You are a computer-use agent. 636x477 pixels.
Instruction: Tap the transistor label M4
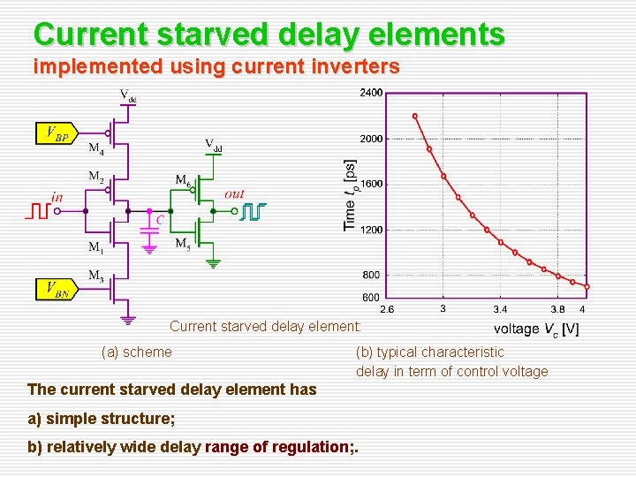(x=96, y=148)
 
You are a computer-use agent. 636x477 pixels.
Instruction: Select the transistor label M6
(x=183, y=181)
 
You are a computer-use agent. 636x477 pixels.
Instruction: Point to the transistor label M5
(x=183, y=243)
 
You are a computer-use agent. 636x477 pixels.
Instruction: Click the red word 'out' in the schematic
(x=234, y=193)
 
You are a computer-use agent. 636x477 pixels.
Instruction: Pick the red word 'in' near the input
(x=57, y=197)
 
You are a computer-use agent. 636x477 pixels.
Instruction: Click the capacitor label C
(x=160, y=220)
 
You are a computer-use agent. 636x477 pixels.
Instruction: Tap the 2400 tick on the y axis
(x=371, y=93)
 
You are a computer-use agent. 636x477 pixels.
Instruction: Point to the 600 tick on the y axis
(x=372, y=298)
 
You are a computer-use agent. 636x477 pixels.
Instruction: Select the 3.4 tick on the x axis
(x=500, y=309)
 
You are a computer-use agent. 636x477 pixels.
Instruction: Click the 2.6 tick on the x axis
(x=388, y=309)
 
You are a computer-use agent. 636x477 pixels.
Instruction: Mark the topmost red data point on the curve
(x=415, y=116)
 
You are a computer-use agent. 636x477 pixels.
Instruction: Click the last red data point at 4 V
(x=586, y=287)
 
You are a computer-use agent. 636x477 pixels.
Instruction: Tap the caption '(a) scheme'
(x=137, y=352)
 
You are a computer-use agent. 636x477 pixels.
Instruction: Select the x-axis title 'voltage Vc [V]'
(x=536, y=329)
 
